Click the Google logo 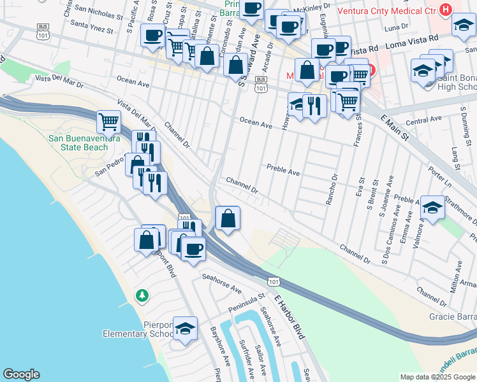coord(21,374)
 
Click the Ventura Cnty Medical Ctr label coord(395,11)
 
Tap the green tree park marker coord(142,295)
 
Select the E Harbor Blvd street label coord(291,315)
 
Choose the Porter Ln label coord(439,173)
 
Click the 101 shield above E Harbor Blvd coord(273,281)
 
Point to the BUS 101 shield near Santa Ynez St coord(43,29)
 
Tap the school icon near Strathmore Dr coord(432,209)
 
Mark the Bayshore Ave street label coord(219,346)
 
